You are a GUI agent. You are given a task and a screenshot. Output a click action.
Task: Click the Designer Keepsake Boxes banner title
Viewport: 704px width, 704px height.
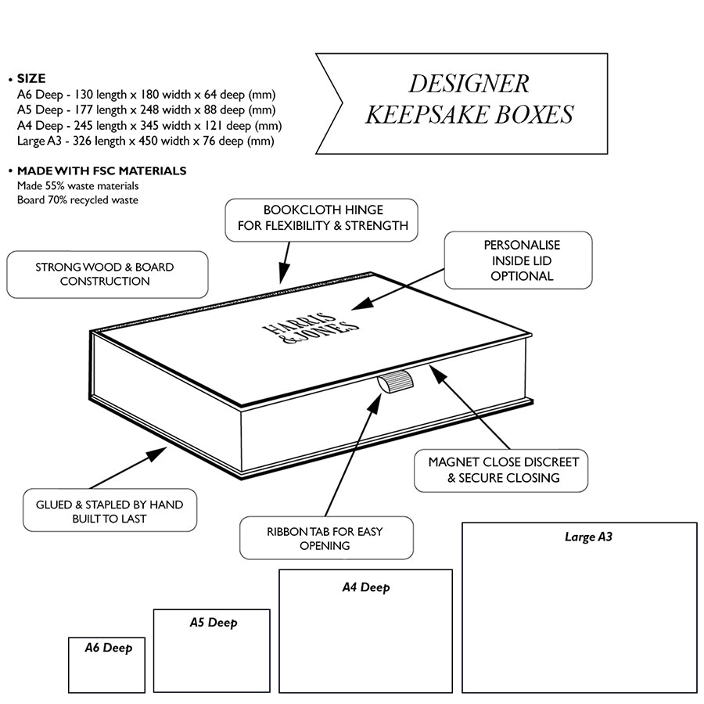click(x=469, y=99)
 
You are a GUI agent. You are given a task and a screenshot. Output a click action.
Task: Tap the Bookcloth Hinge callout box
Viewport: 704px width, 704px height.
click(x=321, y=218)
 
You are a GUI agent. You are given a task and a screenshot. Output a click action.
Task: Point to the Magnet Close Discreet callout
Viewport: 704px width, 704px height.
click(x=502, y=470)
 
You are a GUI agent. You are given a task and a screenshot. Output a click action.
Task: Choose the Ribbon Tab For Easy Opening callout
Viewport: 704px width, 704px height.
click(x=325, y=538)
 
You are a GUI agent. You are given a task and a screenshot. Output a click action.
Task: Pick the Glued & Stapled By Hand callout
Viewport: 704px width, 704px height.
click(x=110, y=512)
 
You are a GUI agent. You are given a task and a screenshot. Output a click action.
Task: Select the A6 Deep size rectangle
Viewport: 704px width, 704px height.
click(x=107, y=665)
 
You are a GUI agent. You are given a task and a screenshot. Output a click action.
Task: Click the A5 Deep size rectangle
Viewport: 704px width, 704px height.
click(x=212, y=651)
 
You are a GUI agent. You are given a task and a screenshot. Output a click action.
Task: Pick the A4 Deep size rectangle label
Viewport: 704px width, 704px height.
click(x=365, y=587)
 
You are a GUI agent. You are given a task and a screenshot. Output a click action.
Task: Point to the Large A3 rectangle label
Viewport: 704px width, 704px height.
click(x=587, y=537)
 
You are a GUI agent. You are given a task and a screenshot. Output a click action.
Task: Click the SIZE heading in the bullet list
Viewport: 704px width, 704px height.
click(x=31, y=78)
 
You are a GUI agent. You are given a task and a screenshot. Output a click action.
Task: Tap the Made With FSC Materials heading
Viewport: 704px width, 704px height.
click(x=102, y=171)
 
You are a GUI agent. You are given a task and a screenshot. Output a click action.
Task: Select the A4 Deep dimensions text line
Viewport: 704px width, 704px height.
click(x=149, y=125)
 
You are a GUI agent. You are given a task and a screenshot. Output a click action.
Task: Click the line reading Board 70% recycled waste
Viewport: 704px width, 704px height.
click(x=77, y=200)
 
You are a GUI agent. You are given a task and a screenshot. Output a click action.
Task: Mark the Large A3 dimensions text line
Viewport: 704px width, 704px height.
click(x=145, y=141)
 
